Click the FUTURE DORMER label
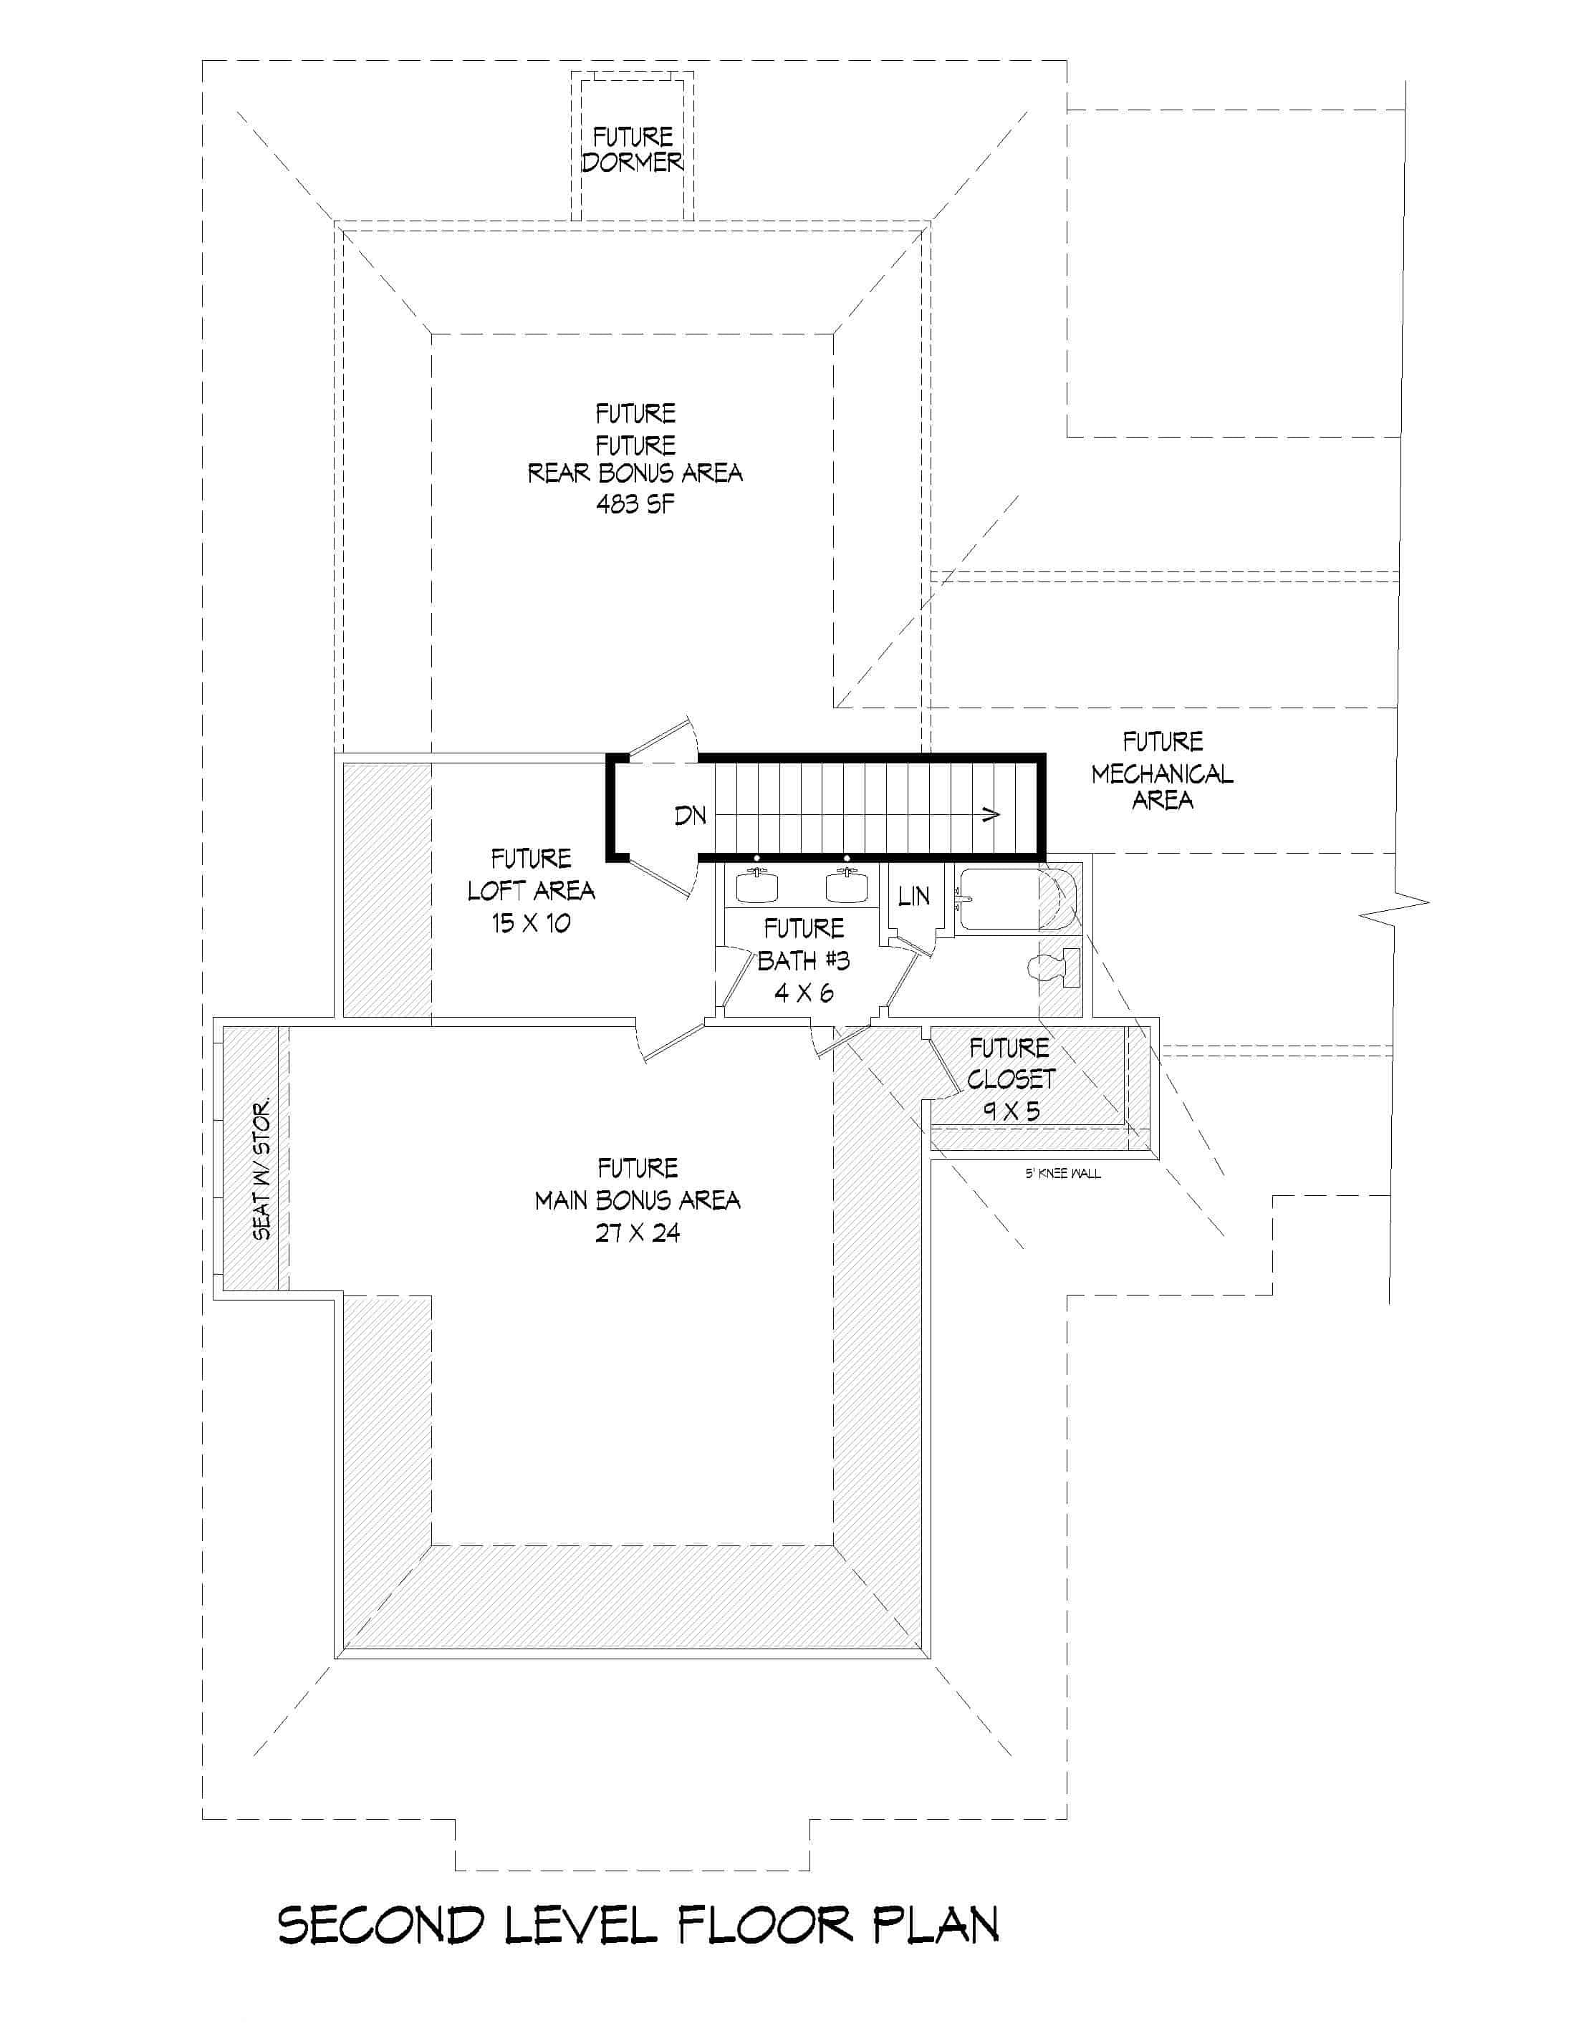(x=633, y=150)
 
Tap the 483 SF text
(x=635, y=505)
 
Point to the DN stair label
(x=690, y=816)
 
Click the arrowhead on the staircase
(x=991, y=815)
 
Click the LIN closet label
(x=913, y=896)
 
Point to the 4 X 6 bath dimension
(x=803, y=993)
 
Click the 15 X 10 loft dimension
(x=531, y=923)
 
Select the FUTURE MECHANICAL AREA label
(x=1162, y=772)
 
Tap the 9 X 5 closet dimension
(x=1011, y=1111)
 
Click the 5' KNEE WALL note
(x=1063, y=1174)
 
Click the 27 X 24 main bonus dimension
(x=638, y=1232)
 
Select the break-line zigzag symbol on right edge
(x=1394, y=904)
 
